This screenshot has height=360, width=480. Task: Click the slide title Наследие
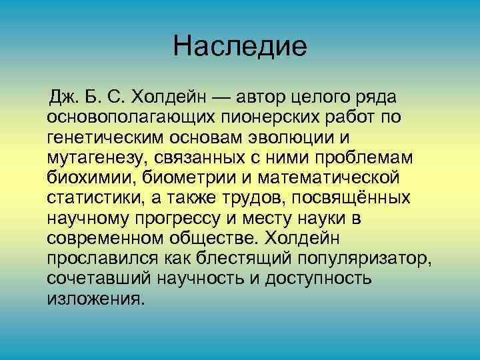(239, 47)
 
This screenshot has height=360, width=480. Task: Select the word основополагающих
(127, 118)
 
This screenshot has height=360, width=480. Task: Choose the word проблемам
(365, 158)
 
